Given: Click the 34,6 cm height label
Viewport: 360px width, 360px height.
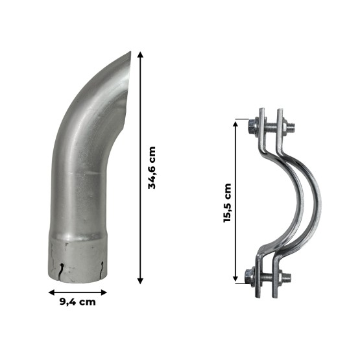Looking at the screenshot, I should pyautogui.click(x=153, y=167).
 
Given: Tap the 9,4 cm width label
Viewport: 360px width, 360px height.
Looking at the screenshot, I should pyautogui.click(x=78, y=302).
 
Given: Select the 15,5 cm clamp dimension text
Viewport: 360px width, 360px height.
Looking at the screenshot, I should pyautogui.click(x=228, y=202).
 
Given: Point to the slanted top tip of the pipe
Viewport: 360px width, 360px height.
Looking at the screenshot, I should pyautogui.click(x=132, y=54).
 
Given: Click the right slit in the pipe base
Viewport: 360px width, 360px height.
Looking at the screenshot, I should pyautogui.click(x=101, y=267).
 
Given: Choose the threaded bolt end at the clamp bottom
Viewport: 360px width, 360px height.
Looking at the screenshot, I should pyautogui.click(x=285, y=278).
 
